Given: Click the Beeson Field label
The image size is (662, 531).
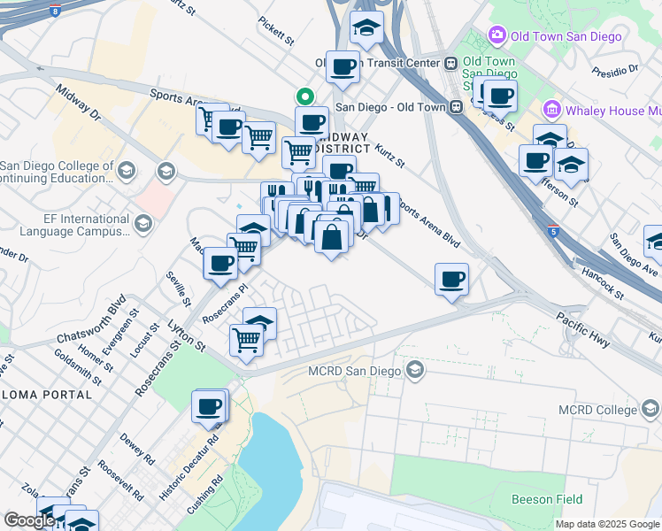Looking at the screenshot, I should click(x=547, y=499).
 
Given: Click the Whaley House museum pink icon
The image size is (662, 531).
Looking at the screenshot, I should click(x=552, y=110).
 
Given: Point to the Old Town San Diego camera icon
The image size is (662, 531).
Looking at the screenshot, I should click(x=496, y=35).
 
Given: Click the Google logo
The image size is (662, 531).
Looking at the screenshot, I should click(x=28, y=521).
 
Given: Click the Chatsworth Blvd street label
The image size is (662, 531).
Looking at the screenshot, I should click(x=91, y=326).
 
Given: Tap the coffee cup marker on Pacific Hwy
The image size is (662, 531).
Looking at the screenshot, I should click(x=451, y=280).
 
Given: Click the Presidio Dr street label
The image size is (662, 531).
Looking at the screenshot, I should click(x=615, y=69).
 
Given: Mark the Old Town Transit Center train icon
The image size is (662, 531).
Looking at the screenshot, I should click(x=450, y=63).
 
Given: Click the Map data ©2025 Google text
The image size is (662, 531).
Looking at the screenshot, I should click(x=606, y=524).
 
